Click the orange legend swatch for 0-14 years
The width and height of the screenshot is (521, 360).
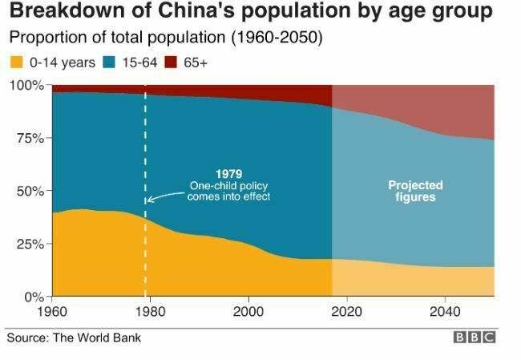14,63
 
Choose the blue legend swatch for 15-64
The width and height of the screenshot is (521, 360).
110,63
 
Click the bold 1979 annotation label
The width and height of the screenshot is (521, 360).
229,174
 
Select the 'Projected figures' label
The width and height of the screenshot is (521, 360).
415,191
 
